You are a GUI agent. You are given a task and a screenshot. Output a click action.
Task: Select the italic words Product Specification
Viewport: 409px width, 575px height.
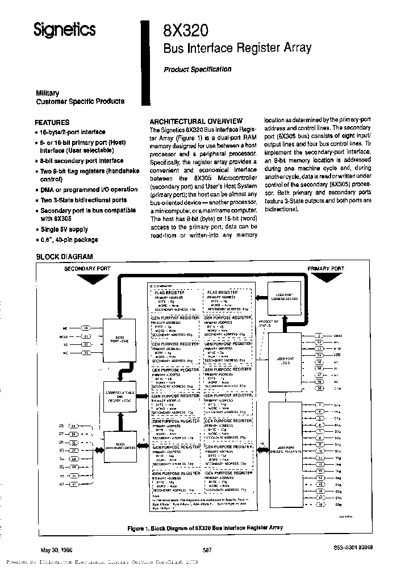pyautogui.click(x=197, y=69)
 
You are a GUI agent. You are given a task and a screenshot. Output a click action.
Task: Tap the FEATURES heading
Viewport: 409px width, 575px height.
pyautogui.click(x=52, y=122)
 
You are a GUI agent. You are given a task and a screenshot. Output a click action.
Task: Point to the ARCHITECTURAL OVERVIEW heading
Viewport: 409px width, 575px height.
pyautogui.click(x=196, y=121)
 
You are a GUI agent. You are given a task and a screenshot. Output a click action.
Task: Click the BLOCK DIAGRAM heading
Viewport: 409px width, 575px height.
pyautogui.click(x=64, y=257)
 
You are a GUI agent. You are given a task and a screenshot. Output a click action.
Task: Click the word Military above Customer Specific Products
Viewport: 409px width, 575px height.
pyautogui.click(x=48, y=93)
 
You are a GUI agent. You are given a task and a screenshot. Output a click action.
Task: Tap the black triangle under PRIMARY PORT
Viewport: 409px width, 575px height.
pyautogui.click(x=325, y=277)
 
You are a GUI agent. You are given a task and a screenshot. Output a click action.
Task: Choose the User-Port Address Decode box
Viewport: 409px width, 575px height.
pyautogui.click(x=284, y=299)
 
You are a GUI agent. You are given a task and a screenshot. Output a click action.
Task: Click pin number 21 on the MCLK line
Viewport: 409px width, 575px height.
pyautogui.click(x=86, y=336)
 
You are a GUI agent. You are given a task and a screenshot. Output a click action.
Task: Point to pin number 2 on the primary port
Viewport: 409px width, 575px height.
pyautogui.click(x=320, y=336)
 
